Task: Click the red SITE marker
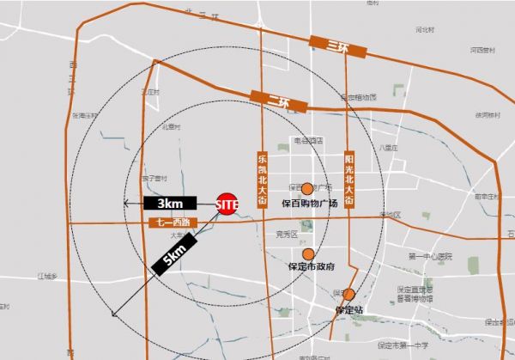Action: (x=227, y=204)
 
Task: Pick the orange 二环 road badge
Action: (x=276, y=100)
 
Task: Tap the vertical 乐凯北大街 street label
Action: (x=263, y=180)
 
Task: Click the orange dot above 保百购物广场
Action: (x=306, y=188)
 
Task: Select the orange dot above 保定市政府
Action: (x=307, y=254)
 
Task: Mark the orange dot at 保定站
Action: (x=348, y=295)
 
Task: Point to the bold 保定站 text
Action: (x=349, y=308)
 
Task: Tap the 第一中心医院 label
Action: (x=429, y=257)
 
